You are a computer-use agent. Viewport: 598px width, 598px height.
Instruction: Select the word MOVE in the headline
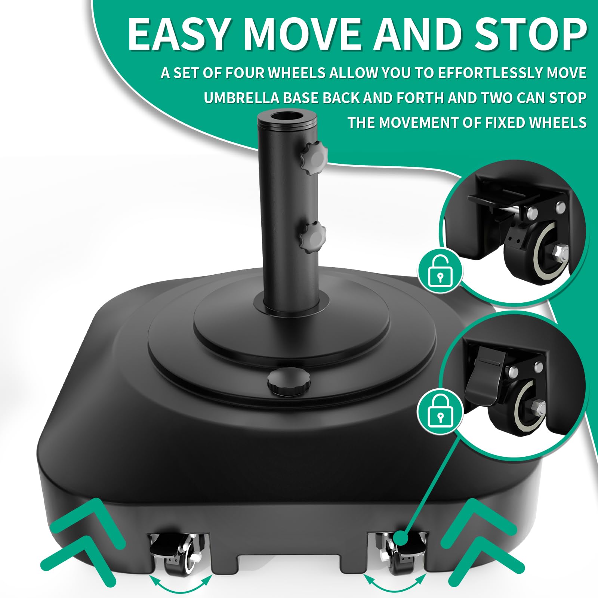pos(303,34)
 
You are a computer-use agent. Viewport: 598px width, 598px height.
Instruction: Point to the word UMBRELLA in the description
pos(241,98)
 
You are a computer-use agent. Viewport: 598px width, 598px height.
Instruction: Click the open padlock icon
pos(440,271)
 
